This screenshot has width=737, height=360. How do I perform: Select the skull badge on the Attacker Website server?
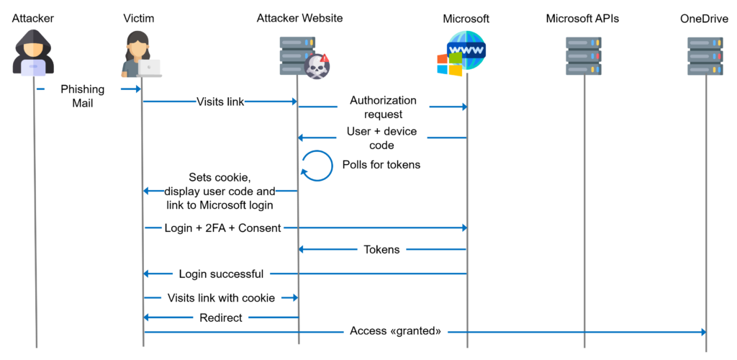click(317, 66)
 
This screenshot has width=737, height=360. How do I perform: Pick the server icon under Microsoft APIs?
click(584, 55)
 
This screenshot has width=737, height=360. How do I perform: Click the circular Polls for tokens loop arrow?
click(317, 165)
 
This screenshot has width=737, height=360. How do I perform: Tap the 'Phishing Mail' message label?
click(82, 96)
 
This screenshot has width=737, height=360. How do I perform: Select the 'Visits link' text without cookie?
click(220, 102)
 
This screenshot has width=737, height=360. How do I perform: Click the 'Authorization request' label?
click(383, 107)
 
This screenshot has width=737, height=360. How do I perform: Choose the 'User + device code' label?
click(382, 138)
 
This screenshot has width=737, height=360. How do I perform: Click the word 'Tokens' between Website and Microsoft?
click(382, 249)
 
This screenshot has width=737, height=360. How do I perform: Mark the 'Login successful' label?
click(221, 274)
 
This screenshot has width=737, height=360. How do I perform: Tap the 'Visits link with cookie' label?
click(221, 297)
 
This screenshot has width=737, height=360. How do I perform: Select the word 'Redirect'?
click(220, 318)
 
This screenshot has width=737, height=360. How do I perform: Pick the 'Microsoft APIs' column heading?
click(583, 17)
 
